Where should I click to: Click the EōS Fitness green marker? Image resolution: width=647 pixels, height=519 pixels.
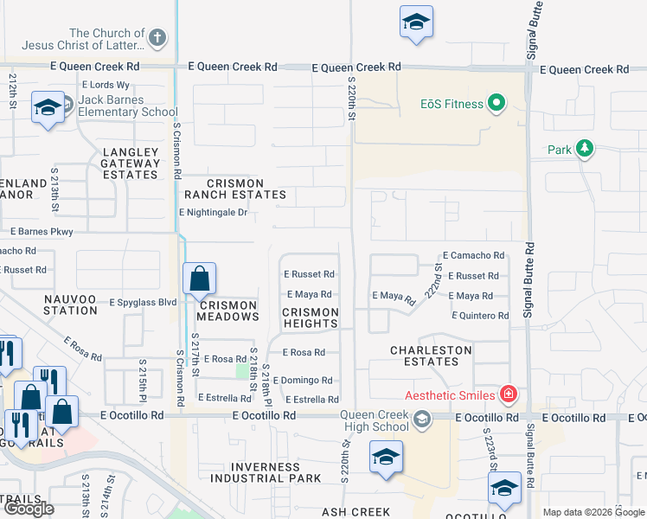496,105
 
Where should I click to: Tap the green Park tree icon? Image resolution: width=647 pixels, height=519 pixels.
585,150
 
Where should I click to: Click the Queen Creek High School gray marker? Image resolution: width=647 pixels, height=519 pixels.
421,420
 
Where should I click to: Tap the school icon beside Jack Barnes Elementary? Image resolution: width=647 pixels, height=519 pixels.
47,107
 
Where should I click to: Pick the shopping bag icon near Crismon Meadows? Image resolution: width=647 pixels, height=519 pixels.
199,279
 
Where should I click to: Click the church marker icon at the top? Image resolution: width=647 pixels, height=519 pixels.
157,37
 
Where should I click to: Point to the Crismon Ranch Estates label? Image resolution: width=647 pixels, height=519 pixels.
234,189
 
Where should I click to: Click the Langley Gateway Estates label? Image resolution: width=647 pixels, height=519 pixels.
131,163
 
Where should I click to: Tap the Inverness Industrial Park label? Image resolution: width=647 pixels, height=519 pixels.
266,473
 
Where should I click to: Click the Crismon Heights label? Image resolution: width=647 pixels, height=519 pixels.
311,317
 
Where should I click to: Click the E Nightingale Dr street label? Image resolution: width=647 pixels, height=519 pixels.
213,212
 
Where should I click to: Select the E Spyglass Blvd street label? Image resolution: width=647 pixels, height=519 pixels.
143,303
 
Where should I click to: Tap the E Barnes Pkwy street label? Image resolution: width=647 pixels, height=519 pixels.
42,232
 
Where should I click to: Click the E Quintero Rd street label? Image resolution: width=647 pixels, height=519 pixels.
479,317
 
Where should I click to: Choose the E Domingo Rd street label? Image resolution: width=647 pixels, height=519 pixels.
303,381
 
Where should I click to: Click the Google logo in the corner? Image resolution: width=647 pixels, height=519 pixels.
29,509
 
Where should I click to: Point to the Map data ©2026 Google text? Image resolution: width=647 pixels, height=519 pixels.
593,512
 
